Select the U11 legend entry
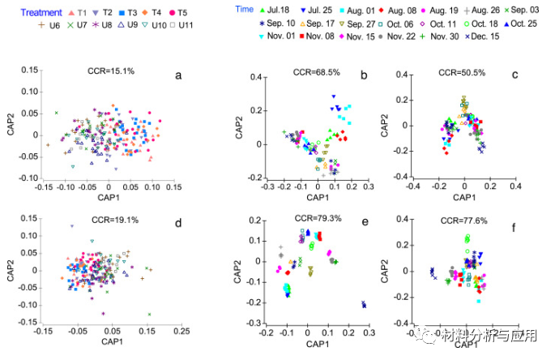pos(184,27)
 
